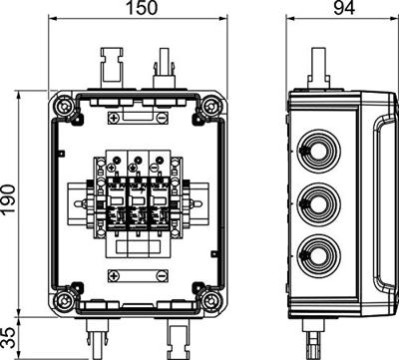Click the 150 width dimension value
coord(139,11)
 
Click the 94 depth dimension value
coord(335,11)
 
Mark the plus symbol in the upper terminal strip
coord(115,119)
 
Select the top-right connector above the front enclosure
coord(161,72)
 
